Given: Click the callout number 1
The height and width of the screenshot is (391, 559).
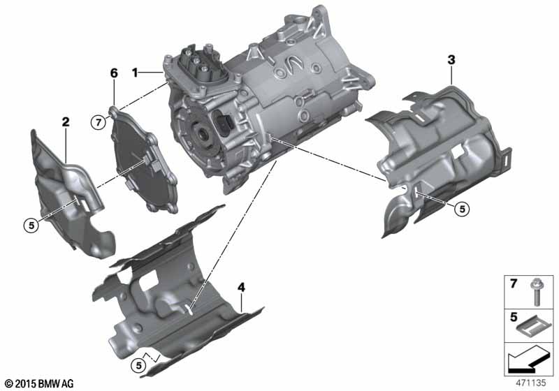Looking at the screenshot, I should tap(138, 72).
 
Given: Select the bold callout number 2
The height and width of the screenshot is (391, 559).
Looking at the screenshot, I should tap(66, 122).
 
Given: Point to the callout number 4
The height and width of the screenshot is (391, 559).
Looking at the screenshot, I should tap(241, 287).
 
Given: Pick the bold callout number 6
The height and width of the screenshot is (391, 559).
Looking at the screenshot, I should tap(114, 73).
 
